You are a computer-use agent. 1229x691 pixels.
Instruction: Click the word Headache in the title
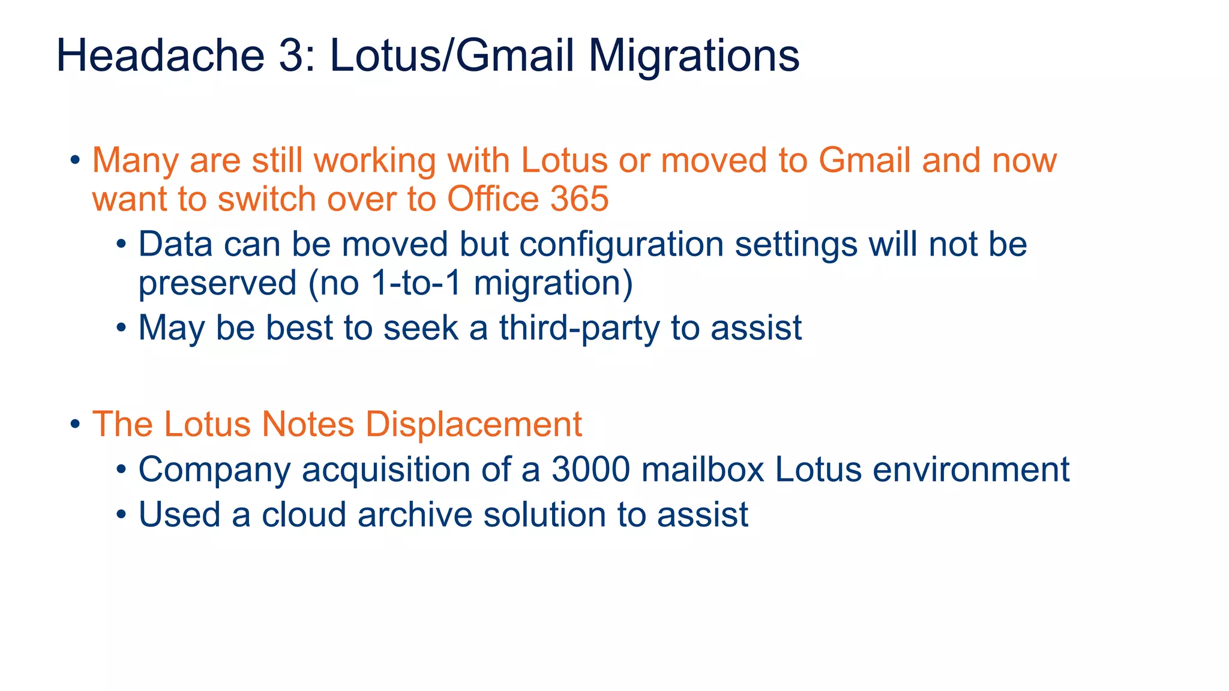coord(160,56)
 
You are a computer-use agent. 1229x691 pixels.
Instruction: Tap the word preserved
coord(217,283)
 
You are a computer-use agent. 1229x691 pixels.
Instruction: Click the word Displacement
coord(473,424)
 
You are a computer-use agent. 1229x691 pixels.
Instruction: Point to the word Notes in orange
coord(308,424)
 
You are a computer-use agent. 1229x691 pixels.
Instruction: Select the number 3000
coord(590,469)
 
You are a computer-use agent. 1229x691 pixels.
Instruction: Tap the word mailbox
coord(703,469)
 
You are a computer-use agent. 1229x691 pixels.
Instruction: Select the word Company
coord(214,470)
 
